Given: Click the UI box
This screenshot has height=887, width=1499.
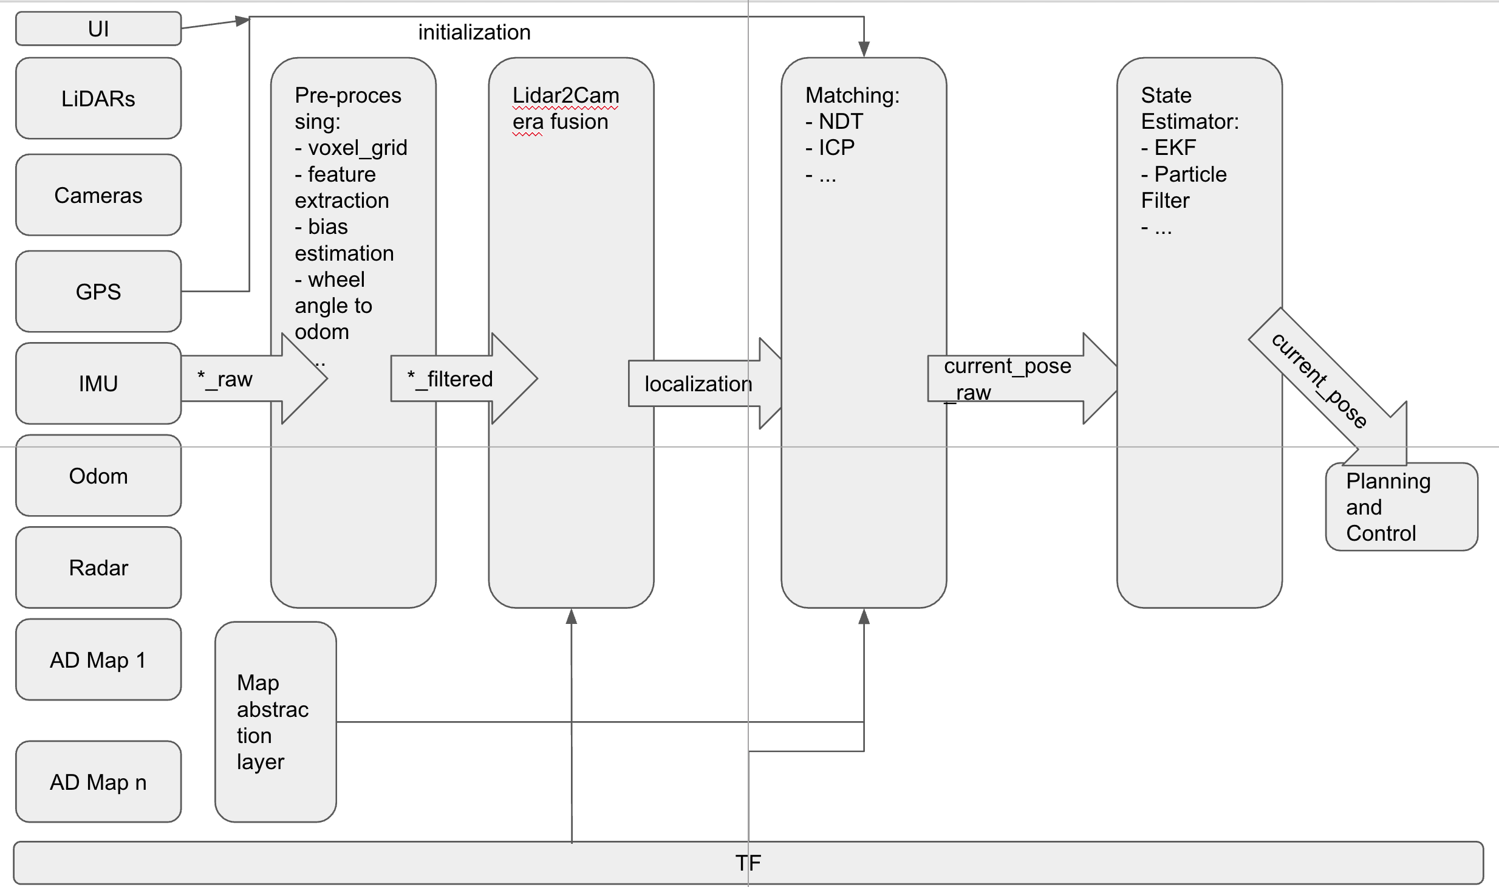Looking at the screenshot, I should pyautogui.click(x=98, y=29).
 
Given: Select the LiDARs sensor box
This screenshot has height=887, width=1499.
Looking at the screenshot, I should pyautogui.click(x=98, y=98).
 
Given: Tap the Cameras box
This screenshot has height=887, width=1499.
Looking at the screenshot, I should pyautogui.click(x=98, y=195).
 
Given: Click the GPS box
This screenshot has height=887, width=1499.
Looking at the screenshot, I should pyautogui.click(x=98, y=292).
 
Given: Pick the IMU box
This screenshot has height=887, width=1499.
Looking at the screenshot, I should pyautogui.click(x=98, y=383).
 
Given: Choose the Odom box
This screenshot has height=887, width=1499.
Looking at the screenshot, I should pyautogui.click(x=98, y=476).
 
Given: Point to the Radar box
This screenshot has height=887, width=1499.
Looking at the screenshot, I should pyautogui.click(x=98, y=567).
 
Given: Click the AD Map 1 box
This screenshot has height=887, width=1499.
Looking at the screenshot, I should pyautogui.click(x=98, y=660).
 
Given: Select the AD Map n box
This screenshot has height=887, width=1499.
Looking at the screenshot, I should pyautogui.click(x=98, y=782).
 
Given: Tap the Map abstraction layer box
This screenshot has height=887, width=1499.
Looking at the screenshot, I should pyautogui.click(x=275, y=722).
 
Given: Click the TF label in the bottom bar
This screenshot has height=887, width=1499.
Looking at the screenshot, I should pyautogui.click(x=748, y=863).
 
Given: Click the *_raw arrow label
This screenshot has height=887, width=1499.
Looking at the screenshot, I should pyautogui.click(x=225, y=379).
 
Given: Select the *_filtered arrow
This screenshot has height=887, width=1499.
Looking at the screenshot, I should pyautogui.click(x=450, y=379).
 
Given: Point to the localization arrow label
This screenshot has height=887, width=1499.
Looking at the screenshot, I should pyautogui.click(x=698, y=384).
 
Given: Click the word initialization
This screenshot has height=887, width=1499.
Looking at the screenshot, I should pyautogui.click(x=474, y=32).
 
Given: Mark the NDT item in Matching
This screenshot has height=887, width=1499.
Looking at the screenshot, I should pyautogui.click(x=841, y=122).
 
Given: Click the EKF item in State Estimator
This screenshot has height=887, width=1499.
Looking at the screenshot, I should pyautogui.click(x=1175, y=148).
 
